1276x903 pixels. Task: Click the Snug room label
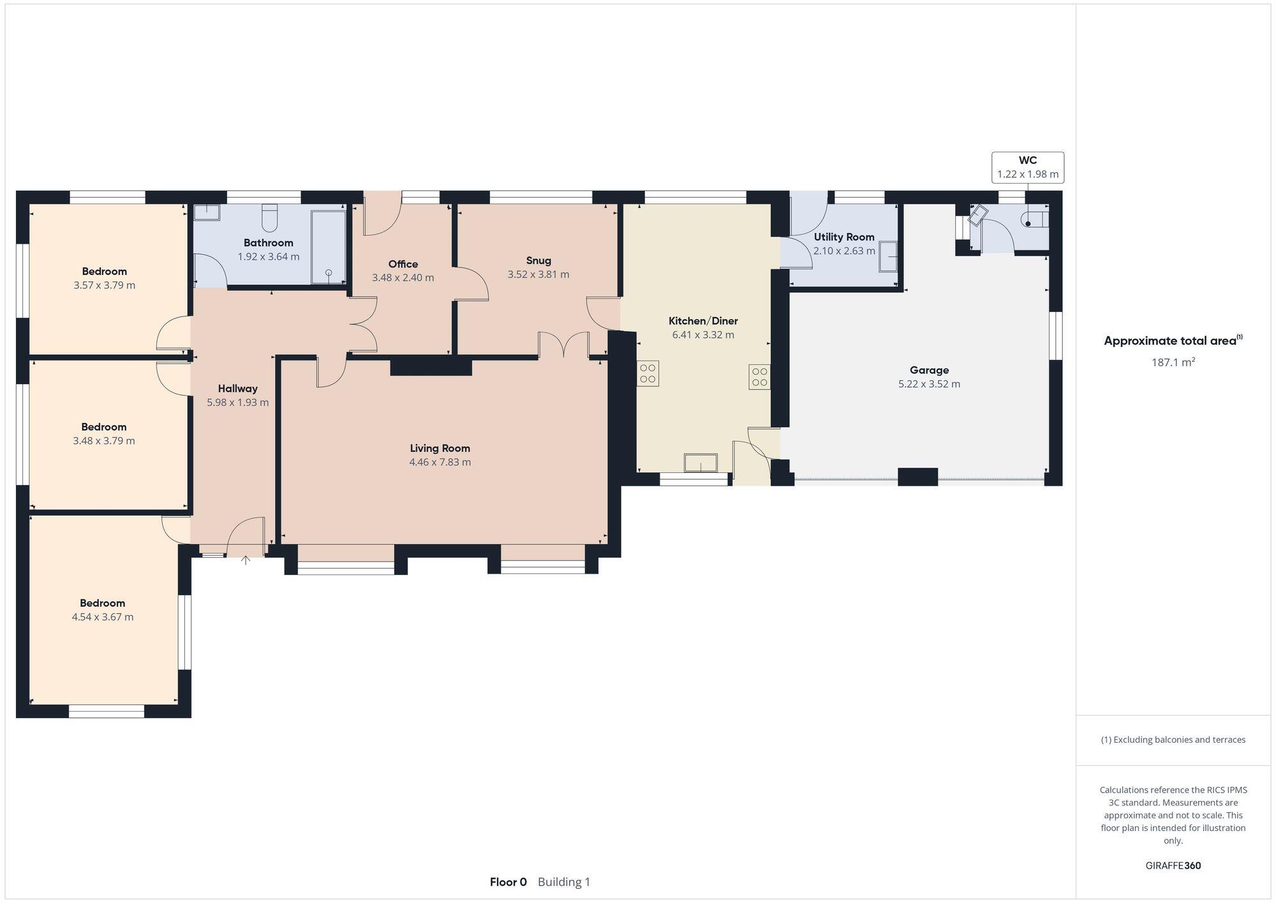coord(538,260)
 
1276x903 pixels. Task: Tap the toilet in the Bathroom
coord(269,218)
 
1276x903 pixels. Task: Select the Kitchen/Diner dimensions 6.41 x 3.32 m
coord(703,334)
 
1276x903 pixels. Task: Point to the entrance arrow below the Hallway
coord(246,560)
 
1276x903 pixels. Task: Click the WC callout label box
coord(1027,167)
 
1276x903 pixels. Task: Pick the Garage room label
coord(929,370)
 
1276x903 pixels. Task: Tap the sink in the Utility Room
coord(887,257)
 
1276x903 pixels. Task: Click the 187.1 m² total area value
coord(1173,362)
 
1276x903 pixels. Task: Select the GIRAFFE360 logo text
coord(1173,865)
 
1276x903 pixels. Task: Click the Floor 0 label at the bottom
coord(508,882)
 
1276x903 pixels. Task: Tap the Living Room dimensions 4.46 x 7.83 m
coord(440,462)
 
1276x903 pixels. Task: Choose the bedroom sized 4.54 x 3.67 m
coord(103,610)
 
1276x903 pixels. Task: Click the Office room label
coord(403,264)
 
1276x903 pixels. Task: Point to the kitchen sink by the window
coord(700,463)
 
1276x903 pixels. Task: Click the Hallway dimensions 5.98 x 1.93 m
coord(237,403)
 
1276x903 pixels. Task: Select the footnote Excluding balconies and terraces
coord(1173,740)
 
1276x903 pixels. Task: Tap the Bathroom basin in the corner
coord(206,213)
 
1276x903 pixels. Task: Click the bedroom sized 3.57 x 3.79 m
coord(104,278)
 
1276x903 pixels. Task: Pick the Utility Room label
coord(843,237)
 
